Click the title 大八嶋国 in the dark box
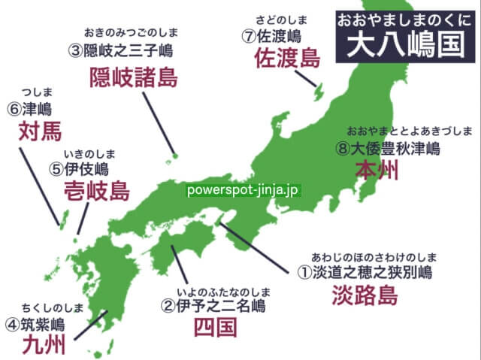(404, 44)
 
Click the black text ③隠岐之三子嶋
(123, 50)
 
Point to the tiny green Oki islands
(174, 156)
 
